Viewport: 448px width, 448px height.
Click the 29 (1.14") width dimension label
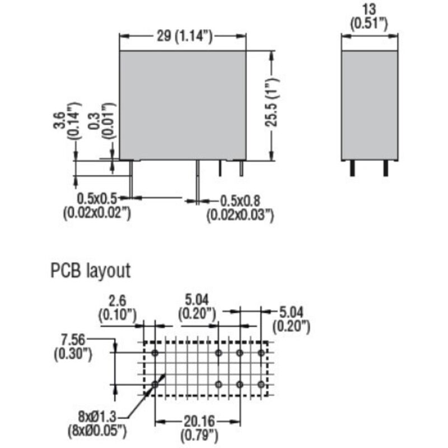pos(183,37)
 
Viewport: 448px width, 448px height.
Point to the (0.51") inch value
pos(369,24)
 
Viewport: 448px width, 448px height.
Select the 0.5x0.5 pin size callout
pos(99,198)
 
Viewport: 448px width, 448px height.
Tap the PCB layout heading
pos(90,271)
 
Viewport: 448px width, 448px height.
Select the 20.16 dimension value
pos(200,422)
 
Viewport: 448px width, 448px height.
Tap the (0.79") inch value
pos(200,434)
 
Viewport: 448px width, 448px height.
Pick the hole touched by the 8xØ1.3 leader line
pos(155,384)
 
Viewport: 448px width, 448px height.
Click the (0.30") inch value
pos(73,354)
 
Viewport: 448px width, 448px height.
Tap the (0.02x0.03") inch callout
pos(240,213)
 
